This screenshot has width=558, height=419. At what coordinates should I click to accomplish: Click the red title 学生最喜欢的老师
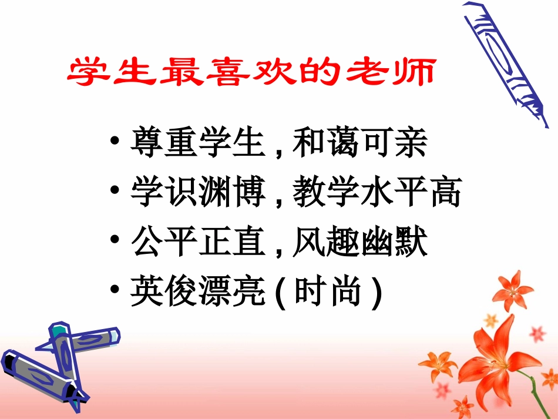pyautogui.click(x=252, y=73)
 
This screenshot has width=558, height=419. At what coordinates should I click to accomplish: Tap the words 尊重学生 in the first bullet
pyautogui.click(x=195, y=144)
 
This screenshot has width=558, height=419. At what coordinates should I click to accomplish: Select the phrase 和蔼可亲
pyautogui.click(x=359, y=144)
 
